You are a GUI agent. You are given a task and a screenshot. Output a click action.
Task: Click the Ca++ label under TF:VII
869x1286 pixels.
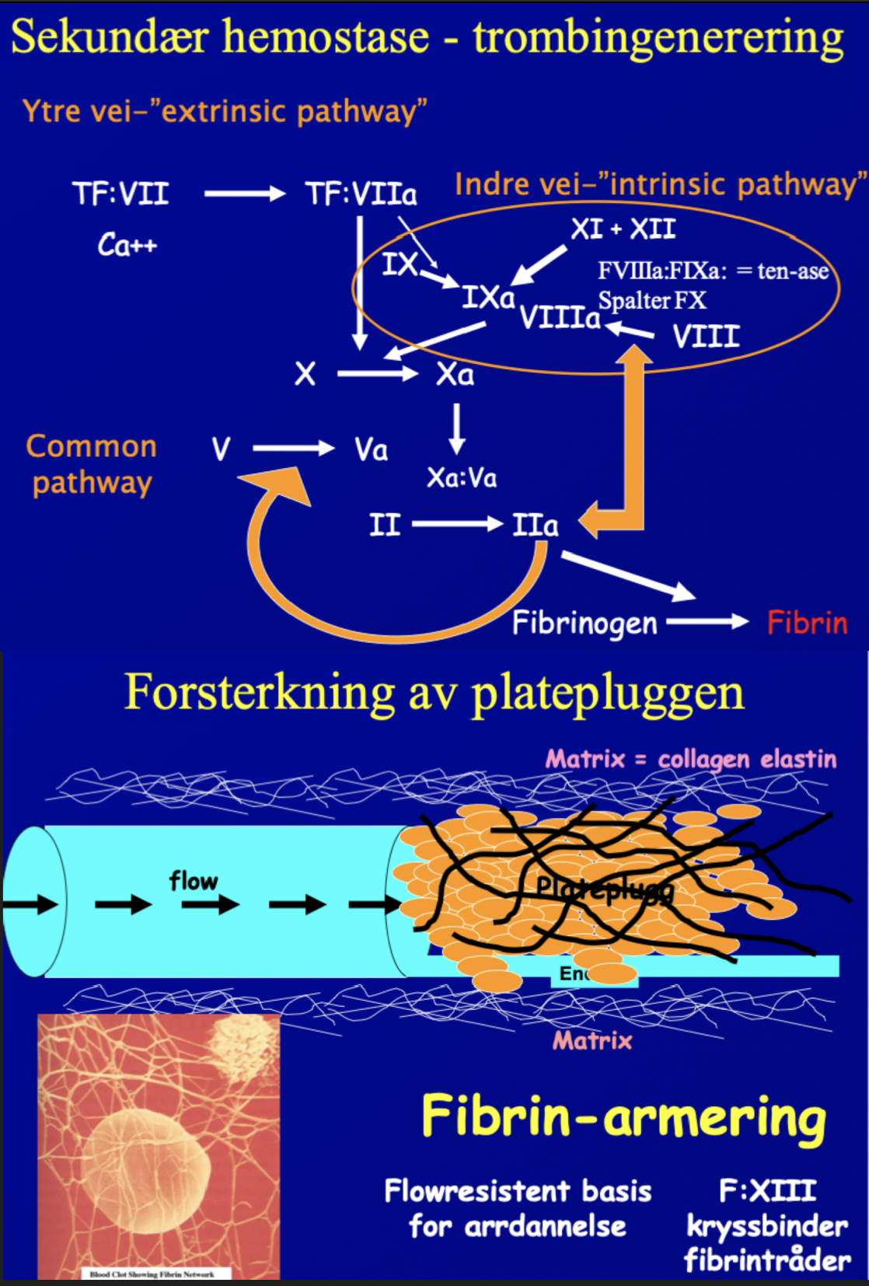(127, 246)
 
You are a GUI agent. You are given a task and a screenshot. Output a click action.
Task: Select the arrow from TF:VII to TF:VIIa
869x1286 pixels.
(245, 194)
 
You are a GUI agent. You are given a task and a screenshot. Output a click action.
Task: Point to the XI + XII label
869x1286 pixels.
(623, 229)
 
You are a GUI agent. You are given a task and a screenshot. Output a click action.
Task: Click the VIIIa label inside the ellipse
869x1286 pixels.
(560, 318)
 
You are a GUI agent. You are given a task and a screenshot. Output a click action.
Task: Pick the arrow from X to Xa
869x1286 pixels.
(378, 375)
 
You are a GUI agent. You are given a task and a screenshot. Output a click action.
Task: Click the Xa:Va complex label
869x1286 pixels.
(462, 477)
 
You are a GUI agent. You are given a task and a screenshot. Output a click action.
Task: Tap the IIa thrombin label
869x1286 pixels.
(535, 526)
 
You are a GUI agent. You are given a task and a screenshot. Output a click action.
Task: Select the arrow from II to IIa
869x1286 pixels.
(457, 525)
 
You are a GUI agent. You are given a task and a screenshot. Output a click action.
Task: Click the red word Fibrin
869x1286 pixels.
(807, 623)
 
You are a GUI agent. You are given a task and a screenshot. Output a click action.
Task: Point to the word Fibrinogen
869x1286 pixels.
(585, 624)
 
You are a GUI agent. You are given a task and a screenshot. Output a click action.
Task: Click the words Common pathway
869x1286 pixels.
(92, 464)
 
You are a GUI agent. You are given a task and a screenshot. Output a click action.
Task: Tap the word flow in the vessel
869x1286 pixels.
(194, 881)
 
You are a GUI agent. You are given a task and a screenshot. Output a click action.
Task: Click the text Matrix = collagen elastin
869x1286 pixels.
(691, 759)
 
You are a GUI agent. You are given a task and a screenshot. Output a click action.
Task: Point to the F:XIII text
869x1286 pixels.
(767, 1190)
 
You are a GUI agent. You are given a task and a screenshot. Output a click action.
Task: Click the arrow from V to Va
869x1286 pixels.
(293, 448)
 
